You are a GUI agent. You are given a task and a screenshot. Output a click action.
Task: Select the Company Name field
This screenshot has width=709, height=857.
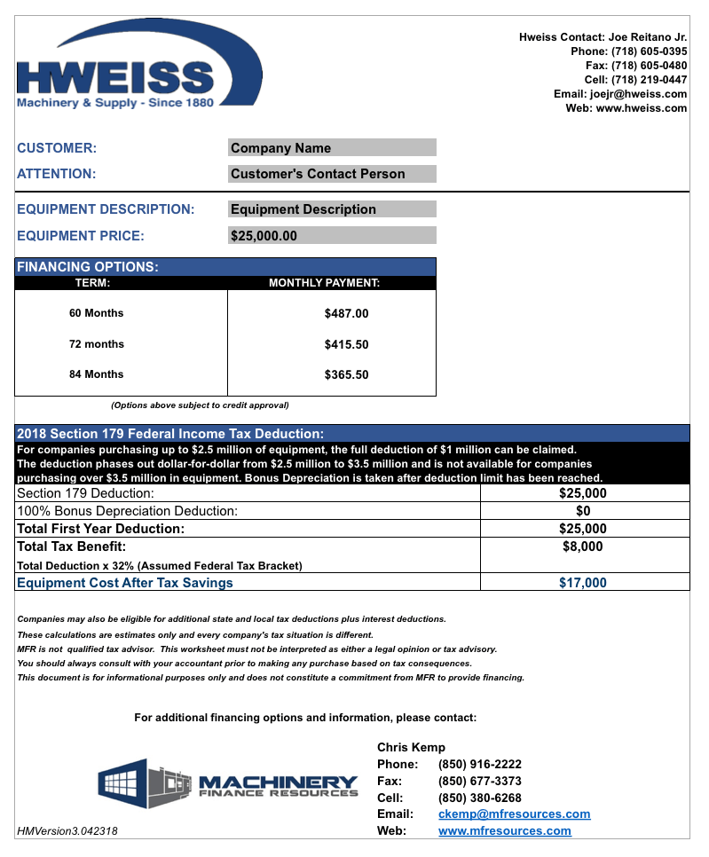[332, 148]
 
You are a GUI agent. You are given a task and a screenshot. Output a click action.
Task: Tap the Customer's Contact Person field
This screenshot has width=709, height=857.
[332, 174]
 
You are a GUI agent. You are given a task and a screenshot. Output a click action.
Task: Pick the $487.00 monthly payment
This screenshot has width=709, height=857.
[346, 313]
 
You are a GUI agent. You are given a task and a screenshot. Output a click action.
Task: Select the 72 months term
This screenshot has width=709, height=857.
[97, 344]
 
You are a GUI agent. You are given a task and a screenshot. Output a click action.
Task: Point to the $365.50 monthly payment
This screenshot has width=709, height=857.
[346, 374]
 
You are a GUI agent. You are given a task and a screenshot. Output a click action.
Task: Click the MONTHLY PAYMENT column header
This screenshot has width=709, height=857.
[324, 284]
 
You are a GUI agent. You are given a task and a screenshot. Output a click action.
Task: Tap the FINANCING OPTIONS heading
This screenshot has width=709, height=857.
[88, 267]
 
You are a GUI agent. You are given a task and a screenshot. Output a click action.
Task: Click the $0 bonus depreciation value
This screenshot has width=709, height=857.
[583, 511]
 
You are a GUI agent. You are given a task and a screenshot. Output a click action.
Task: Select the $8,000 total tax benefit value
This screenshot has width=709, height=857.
[583, 546]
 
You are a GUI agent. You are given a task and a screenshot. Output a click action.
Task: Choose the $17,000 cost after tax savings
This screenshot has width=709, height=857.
[583, 583]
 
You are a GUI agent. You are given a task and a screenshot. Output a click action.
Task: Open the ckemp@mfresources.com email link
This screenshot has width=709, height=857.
[514, 814]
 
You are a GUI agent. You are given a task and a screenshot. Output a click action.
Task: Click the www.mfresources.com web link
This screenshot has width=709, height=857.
[504, 831]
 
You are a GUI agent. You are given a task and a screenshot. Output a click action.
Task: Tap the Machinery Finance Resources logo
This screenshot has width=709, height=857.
[229, 784]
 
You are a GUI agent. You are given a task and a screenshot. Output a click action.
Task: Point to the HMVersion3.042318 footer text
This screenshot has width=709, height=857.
[67, 831]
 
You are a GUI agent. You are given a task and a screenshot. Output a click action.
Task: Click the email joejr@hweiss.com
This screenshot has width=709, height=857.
[637, 94]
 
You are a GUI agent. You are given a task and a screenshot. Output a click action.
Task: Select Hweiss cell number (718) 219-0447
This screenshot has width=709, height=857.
[649, 80]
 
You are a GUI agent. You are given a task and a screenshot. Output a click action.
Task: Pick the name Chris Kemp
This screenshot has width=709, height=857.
[411, 748]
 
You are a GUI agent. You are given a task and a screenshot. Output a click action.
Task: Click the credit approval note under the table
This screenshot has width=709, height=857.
[200, 405]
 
